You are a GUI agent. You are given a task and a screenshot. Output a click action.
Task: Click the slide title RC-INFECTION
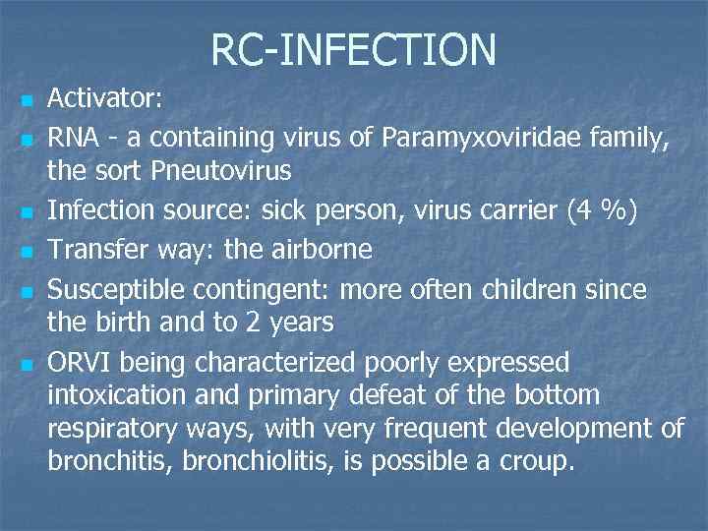(353, 49)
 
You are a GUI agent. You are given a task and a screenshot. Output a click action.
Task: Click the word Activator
(106, 98)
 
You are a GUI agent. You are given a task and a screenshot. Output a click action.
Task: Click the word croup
(537, 461)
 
